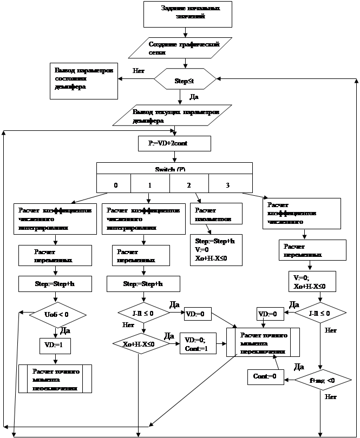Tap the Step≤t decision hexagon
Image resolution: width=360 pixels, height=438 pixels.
tap(180, 81)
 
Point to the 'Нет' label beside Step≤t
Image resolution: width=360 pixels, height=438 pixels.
tap(138, 71)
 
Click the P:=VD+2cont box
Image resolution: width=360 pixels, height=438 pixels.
tap(175, 143)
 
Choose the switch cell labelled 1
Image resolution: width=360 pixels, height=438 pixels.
tap(150, 184)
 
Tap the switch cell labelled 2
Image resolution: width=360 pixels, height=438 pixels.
tap(188, 184)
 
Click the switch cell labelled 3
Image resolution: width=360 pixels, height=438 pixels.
tap(227, 184)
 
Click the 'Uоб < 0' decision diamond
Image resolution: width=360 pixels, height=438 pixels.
tap(56, 314)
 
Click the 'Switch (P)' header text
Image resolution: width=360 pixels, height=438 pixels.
tap(174, 169)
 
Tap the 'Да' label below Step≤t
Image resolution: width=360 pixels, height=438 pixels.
tap(193, 97)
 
